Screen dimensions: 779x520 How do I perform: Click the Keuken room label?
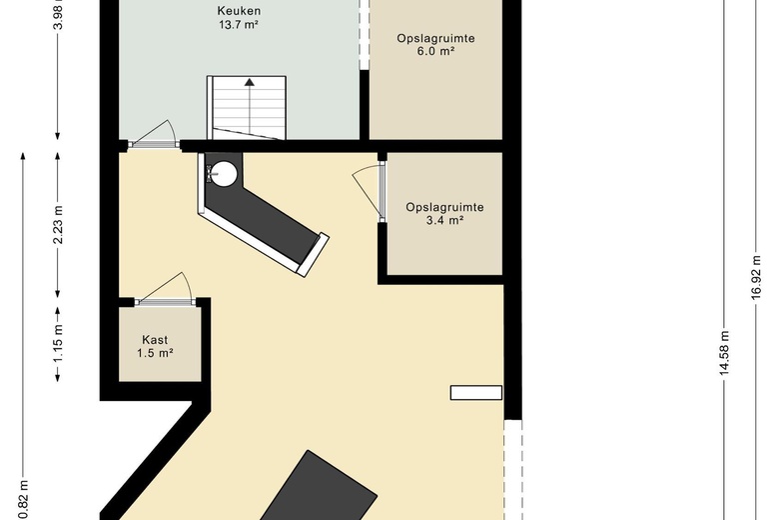point(239,11)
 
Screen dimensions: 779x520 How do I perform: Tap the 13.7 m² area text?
point(239,24)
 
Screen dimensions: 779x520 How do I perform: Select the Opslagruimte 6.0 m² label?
point(435,45)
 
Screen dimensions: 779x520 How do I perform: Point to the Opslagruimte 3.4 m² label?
point(444,213)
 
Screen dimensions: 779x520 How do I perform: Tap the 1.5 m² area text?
point(155,353)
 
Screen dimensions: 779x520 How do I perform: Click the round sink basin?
point(225,174)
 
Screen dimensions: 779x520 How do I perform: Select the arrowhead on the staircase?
point(249,82)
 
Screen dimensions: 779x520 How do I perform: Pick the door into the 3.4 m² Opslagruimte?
point(382,191)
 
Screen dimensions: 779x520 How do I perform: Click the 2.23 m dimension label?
point(59,225)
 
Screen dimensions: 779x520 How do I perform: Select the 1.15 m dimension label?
point(59,343)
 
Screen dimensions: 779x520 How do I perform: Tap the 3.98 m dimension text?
point(59,15)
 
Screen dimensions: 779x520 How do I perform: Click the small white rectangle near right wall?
point(476,393)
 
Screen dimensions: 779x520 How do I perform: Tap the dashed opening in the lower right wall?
point(512,470)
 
